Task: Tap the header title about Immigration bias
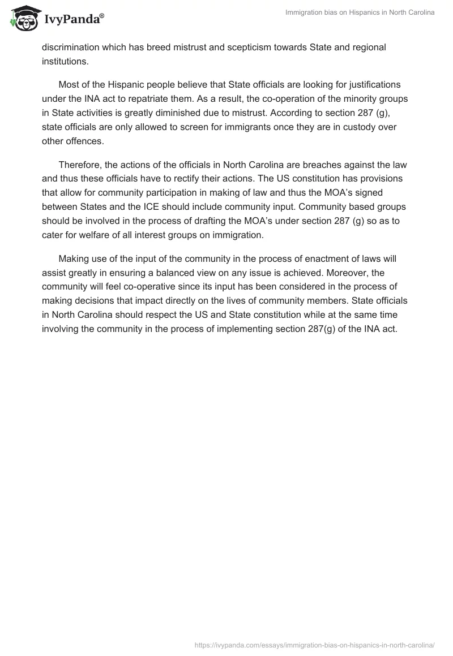(x=361, y=12)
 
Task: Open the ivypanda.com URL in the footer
(x=315, y=645)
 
